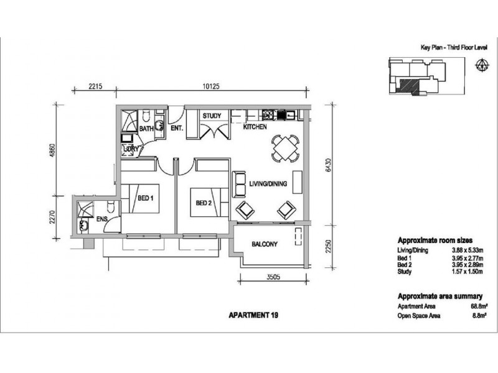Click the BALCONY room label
[264, 244]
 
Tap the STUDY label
[212, 116]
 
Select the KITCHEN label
[255, 127]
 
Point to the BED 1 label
[146, 198]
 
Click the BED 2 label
[204, 203]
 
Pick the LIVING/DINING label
[268, 183]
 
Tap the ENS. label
[102, 219]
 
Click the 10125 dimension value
[211, 86]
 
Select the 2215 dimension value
[95, 86]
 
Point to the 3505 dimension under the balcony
[273, 277]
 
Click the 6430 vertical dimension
[329, 165]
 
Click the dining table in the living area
[286, 149]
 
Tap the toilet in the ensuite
[111, 206]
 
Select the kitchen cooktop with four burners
[268, 114]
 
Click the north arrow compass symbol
[482, 65]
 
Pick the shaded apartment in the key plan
[409, 86]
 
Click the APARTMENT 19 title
[253, 315]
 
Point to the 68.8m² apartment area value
[479, 306]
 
